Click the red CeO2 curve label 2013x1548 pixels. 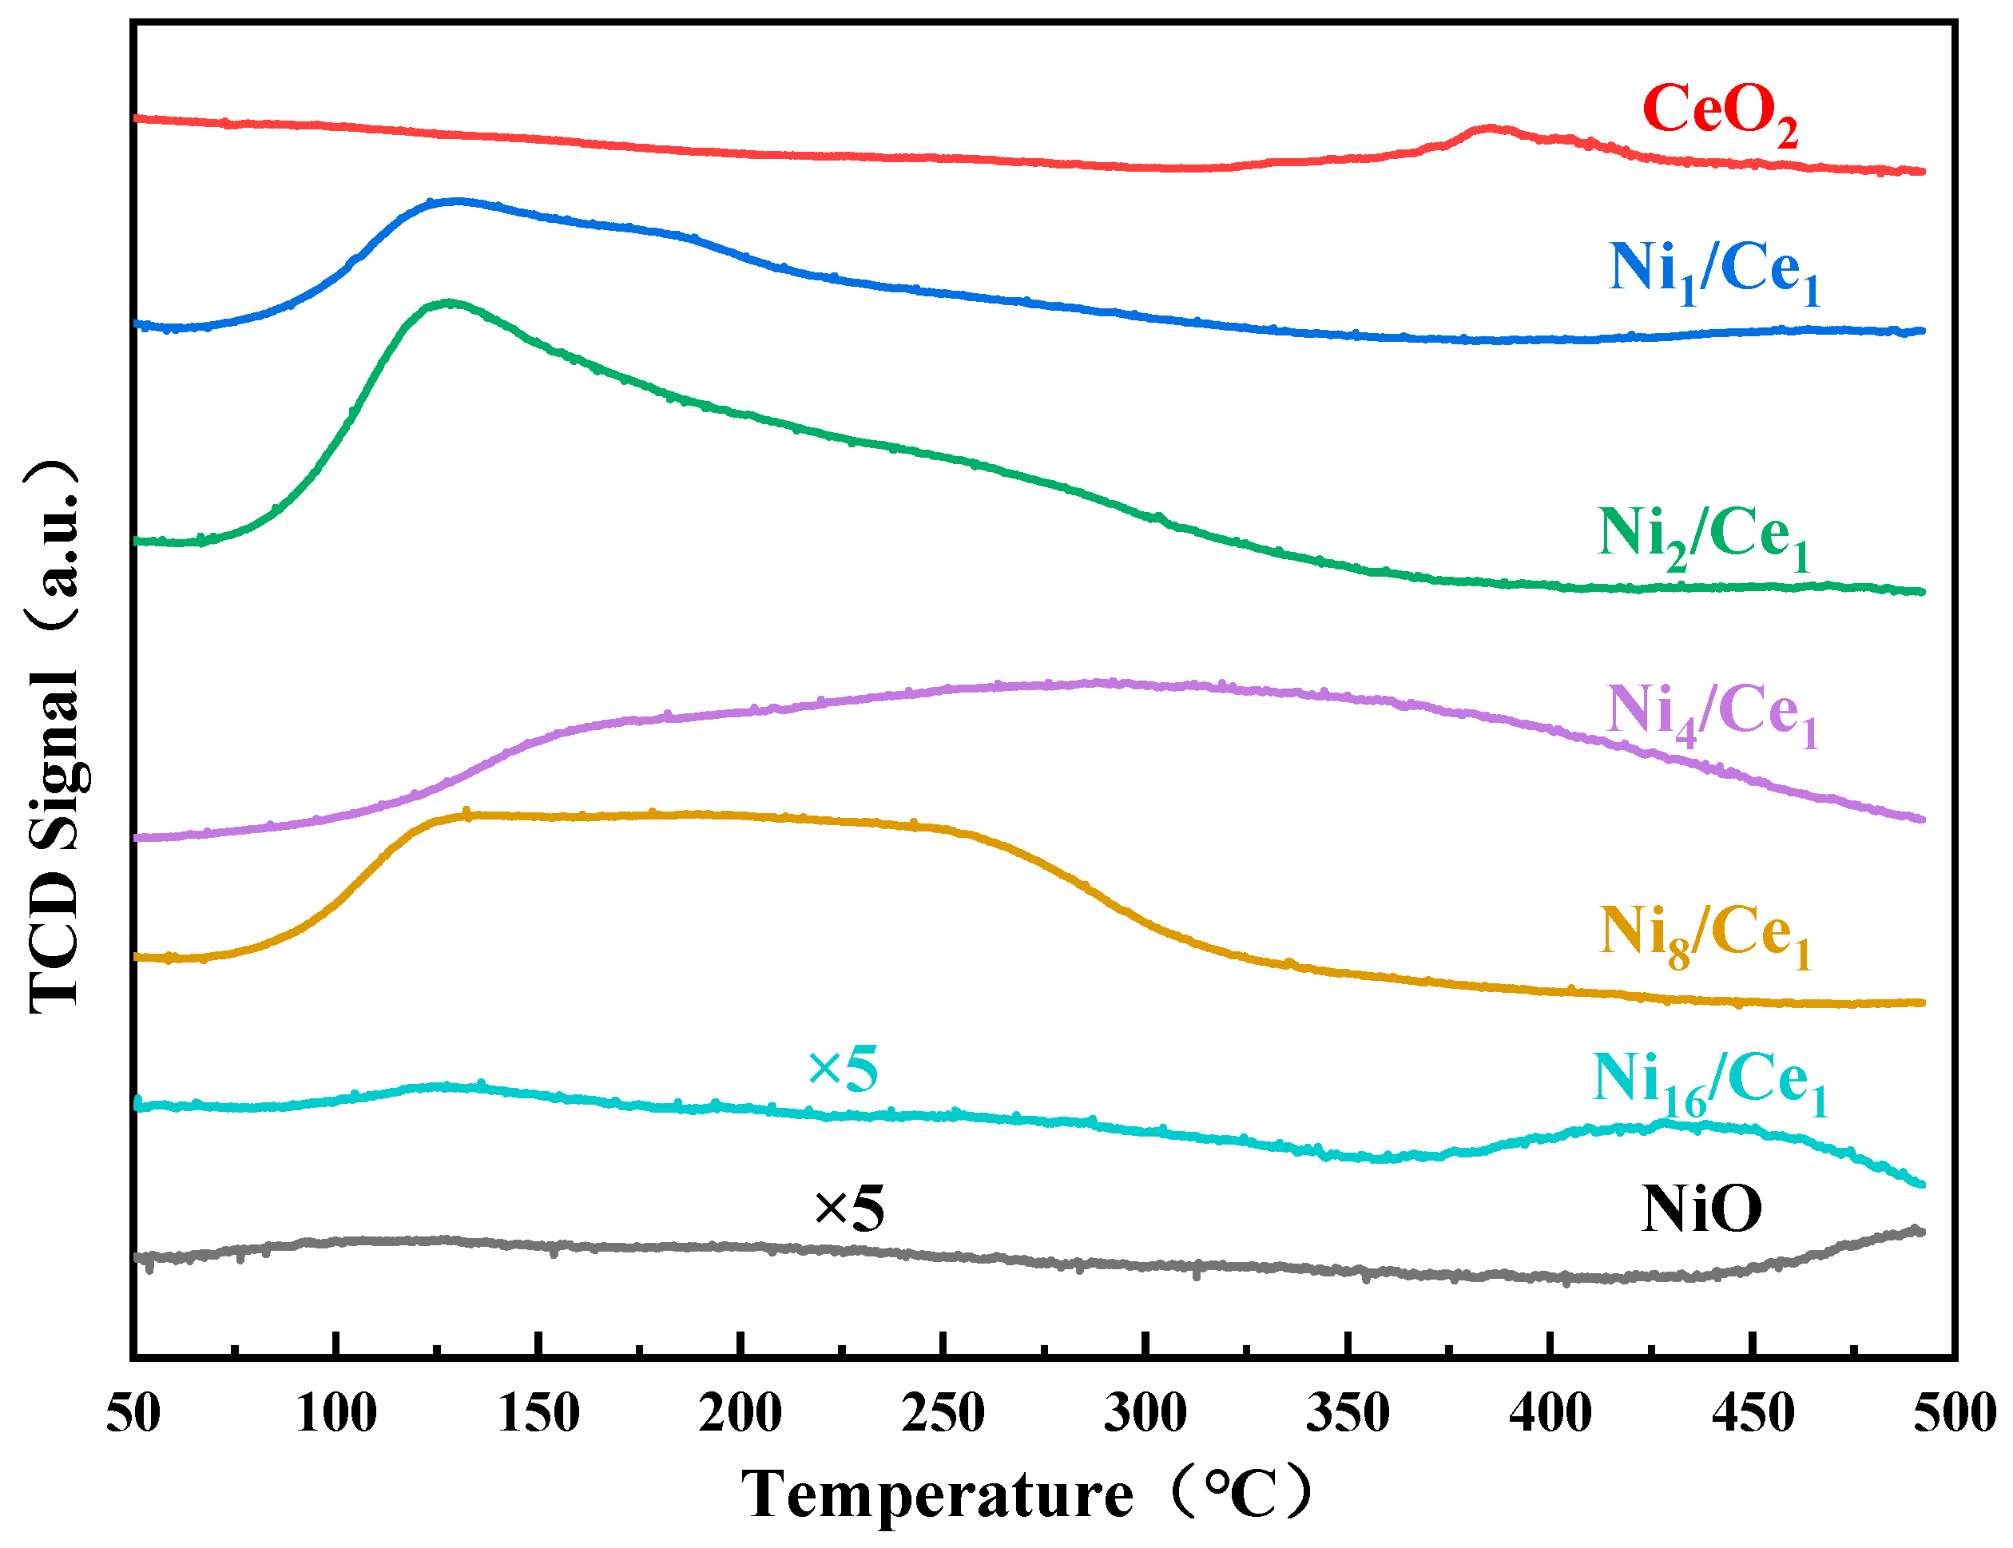point(1718,113)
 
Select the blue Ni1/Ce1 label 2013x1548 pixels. point(1713,271)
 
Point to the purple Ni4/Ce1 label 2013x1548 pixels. point(1712,714)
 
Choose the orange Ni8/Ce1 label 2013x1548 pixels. point(1705,935)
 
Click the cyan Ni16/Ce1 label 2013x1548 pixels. point(1709,1082)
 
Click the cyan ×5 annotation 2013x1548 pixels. point(842,1070)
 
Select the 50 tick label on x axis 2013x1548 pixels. point(133,1412)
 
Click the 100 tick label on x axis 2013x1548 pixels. point(335,1412)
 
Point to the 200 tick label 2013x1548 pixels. point(740,1412)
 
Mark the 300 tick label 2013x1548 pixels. point(1145,1412)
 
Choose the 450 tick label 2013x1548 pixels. point(1753,1412)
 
